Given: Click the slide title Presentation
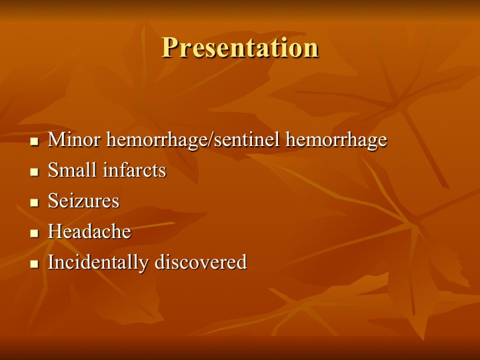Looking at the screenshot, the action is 240,47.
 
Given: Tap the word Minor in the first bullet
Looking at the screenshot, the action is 74,139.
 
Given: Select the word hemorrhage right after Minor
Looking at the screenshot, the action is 156,140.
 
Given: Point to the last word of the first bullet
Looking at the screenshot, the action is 337,140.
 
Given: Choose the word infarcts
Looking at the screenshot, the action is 135,170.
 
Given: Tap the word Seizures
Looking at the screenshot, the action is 83,201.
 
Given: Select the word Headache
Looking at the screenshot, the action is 89,231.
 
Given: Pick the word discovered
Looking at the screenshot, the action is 201,262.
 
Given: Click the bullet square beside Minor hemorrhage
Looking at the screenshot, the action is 35,141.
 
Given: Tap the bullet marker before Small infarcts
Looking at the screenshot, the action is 35,172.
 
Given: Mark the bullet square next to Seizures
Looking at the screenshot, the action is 35,203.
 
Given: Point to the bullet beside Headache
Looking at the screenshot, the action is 35,233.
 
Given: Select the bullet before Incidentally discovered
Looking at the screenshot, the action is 35,263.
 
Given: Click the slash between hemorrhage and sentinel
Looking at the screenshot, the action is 210,139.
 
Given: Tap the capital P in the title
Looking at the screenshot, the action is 169,47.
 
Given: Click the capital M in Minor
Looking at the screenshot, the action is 56,139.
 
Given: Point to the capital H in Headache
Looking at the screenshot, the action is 55,231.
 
